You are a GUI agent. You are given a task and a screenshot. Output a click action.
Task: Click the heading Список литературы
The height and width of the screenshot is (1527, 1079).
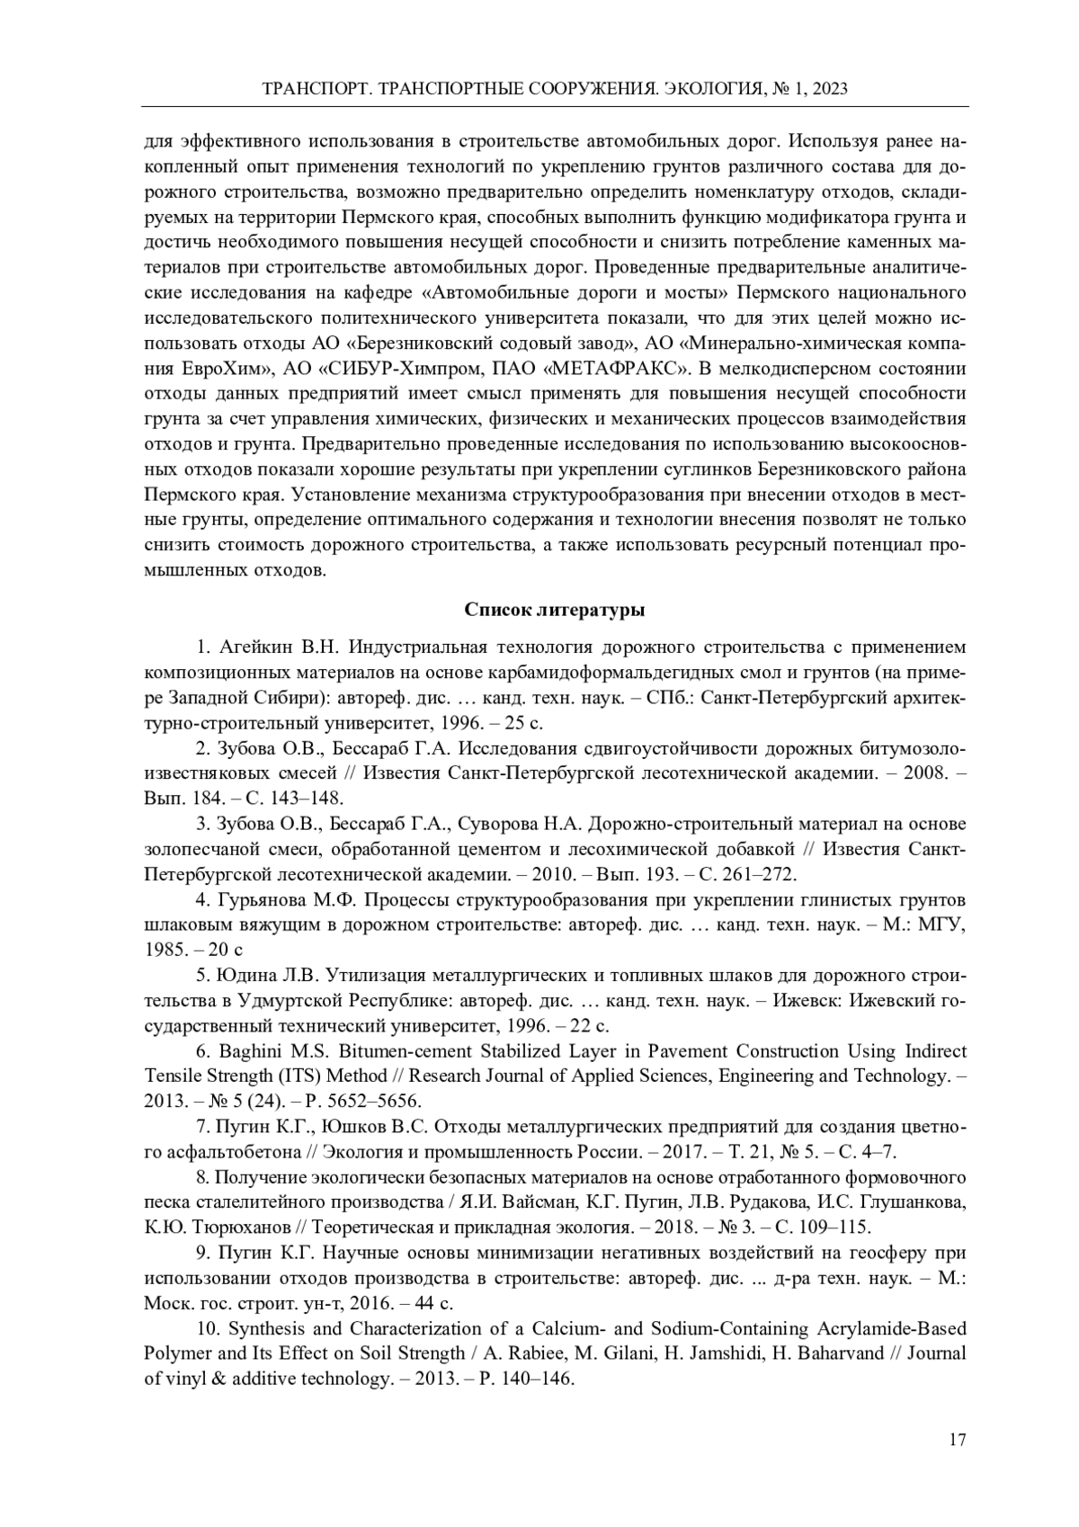(554, 610)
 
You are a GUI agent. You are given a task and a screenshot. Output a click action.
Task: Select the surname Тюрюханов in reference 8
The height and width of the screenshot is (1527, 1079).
(195, 1228)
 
